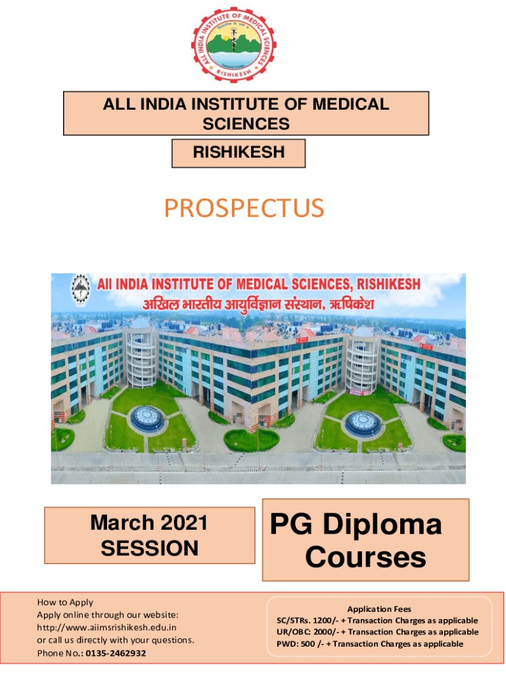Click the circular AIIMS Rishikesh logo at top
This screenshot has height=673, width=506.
233,45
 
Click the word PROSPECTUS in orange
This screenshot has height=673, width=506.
244,208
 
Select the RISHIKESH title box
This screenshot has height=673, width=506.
238,152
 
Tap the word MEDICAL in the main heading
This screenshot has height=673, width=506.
351,104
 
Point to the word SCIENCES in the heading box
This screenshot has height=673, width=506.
246,124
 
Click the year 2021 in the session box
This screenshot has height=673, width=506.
184,522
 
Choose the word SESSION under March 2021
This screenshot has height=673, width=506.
149,548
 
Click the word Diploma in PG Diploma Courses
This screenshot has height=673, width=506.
382,525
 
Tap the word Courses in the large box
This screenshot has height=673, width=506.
365,557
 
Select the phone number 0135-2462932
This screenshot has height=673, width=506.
116,653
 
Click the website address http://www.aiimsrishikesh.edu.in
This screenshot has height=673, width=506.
106,628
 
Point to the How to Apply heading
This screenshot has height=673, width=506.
65,602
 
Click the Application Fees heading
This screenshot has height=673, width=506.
379,609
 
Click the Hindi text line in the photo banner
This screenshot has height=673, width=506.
258,305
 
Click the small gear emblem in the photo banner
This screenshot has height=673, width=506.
80,289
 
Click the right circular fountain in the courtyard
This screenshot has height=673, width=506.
363,424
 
